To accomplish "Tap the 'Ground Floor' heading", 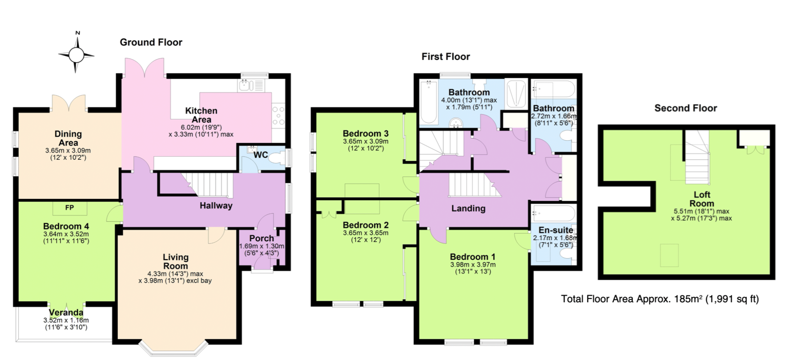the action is pyautogui.click(x=151, y=42).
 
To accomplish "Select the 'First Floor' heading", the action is pyautogui.click(x=446, y=57).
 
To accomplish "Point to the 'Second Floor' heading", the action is pyautogui.click(x=686, y=108).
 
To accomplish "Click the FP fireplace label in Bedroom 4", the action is pyautogui.click(x=69, y=208).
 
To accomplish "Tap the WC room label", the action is pyautogui.click(x=260, y=155).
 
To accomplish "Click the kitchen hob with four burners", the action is pyautogui.click(x=278, y=116).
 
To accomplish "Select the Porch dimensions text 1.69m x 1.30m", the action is pyautogui.click(x=262, y=246).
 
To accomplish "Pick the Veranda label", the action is pyautogui.click(x=66, y=312).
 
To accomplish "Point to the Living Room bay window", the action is pyautogui.click(x=173, y=348).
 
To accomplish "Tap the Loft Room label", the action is pyautogui.click(x=702, y=199).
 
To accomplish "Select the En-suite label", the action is pyautogui.click(x=556, y=230).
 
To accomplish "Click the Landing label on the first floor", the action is pyautogui.click(x=468, y=208).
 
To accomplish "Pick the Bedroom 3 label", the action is pyautogui.click(x=366, y=133).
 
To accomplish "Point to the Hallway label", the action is pyautogui.click(x=216, y=206).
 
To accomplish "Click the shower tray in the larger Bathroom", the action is pyautogui.click(x=516, y=93).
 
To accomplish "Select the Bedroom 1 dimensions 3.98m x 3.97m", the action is pyautogui.click(x=473, y=265).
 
